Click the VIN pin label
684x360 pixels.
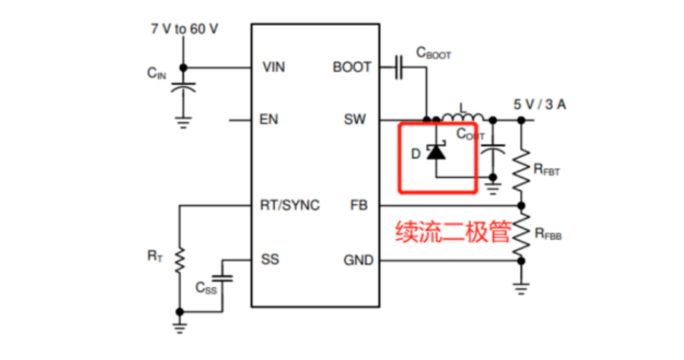tap(274, 67)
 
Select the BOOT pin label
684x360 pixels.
tap(352, 67)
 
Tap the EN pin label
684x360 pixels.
tap(269, 119)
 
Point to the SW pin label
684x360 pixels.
tap(355, 119)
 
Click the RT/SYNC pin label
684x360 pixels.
tap(289, 205)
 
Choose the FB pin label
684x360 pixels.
tap(359, 205)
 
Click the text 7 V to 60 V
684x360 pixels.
tap(184, 30)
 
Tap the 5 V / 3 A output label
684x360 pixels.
tap(539, 104)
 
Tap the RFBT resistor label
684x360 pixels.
tap(546, 170)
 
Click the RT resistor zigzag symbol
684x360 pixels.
tap(179, 260)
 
